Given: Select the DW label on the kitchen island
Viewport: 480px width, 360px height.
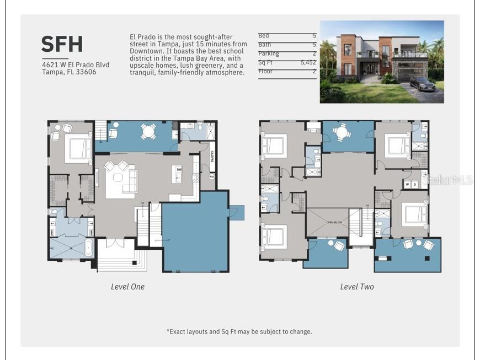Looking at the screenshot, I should pyautogui.click(x=178, y=170).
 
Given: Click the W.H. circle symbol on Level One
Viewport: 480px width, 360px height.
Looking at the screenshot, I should pyautogui.click(x=212, y=177).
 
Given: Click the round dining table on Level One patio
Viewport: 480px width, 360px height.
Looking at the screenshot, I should pyautogui.click(x=148, y=131).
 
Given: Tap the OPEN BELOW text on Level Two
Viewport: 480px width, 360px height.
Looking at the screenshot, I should pyautogui.click(x=334, y=222).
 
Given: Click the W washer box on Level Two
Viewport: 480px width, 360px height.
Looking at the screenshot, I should pyautogui.click(x=407, y=184).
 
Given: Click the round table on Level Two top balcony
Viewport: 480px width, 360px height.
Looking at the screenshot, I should pyautogui.click(x=342, y=132).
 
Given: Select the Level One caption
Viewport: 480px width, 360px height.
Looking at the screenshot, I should pyautogui.click(x=127, y=287).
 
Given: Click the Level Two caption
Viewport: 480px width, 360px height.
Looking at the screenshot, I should pyautogui.click(x=357, y=287).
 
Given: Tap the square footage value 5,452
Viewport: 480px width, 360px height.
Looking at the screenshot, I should pyautogui.click(x=308, y=63).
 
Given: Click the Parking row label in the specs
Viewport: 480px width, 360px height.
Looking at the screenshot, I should pyautogui.click(x=269, y=54).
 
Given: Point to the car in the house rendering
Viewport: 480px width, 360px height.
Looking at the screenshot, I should pyautogui.click(x=422, y=84).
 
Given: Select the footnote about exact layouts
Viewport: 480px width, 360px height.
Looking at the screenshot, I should pyautogui.click(x=239, y=331).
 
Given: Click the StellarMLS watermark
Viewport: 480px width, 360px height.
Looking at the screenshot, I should pyautogui.click(x=450, y=180).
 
